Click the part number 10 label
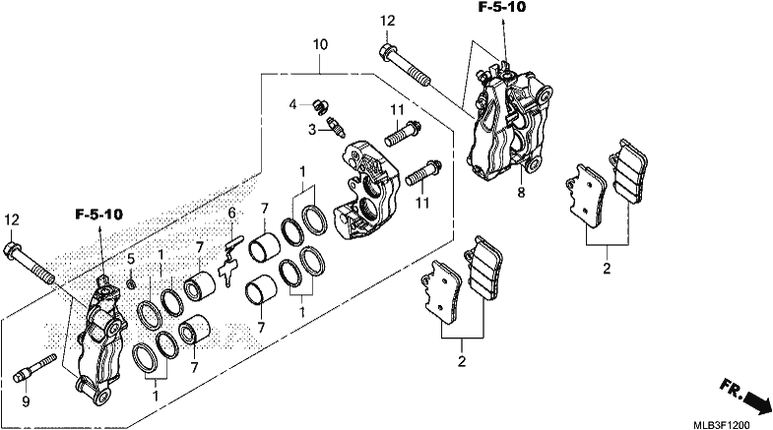pos(320,45)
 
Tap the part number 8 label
pos(521,193)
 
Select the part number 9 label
pos(26,401)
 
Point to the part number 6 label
pos(231,214)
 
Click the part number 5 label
pos(131,259)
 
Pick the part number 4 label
pos(293,104)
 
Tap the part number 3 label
pos(312,130)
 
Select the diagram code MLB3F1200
pos(722,424)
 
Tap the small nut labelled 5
pos(131,283)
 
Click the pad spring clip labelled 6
pos(228,261)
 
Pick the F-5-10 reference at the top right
pos(501,7)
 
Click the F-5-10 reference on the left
pos(99,215)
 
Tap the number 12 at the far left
pos(12,219)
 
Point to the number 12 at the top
pos(388,22)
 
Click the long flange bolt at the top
pos(405,65)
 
